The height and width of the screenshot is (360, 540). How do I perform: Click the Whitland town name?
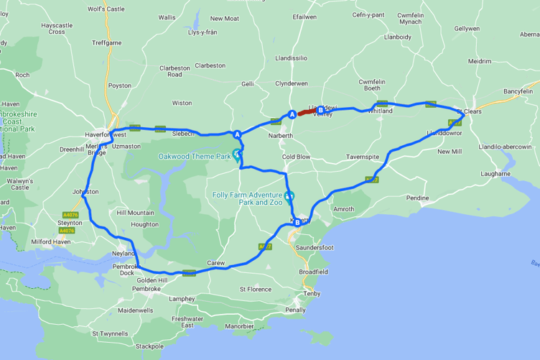(x=381, y=111)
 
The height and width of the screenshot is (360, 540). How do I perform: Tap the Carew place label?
(x=215, y=263)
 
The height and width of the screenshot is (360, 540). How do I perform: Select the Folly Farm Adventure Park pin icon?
(x=289, y=196)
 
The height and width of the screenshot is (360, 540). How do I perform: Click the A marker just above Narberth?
(x=292, y=114)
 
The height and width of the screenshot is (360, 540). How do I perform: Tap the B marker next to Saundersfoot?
(x=296, y=223)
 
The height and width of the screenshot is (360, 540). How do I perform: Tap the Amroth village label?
(x=344, y=209)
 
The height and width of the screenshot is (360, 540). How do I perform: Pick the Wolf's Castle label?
(x=106, y=9)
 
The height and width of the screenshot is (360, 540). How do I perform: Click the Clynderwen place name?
(x=292, y=83)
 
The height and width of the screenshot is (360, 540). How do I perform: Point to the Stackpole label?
(x=149, y=346)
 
